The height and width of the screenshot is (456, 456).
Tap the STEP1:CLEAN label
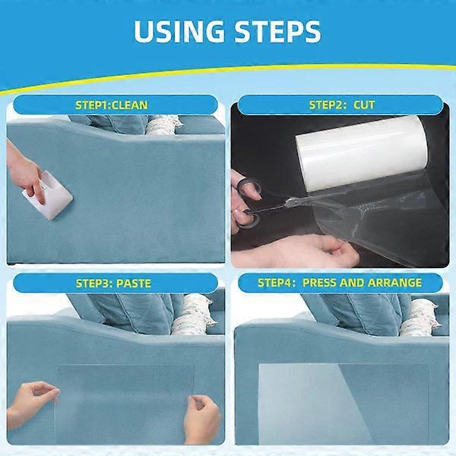pos(112,104)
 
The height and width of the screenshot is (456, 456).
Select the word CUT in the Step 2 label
pos(364,104)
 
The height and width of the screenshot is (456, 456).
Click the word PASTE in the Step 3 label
pos(135,283)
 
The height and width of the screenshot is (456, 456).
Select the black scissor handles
pos(247,201)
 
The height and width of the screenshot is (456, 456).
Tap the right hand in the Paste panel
pos(201,417)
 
